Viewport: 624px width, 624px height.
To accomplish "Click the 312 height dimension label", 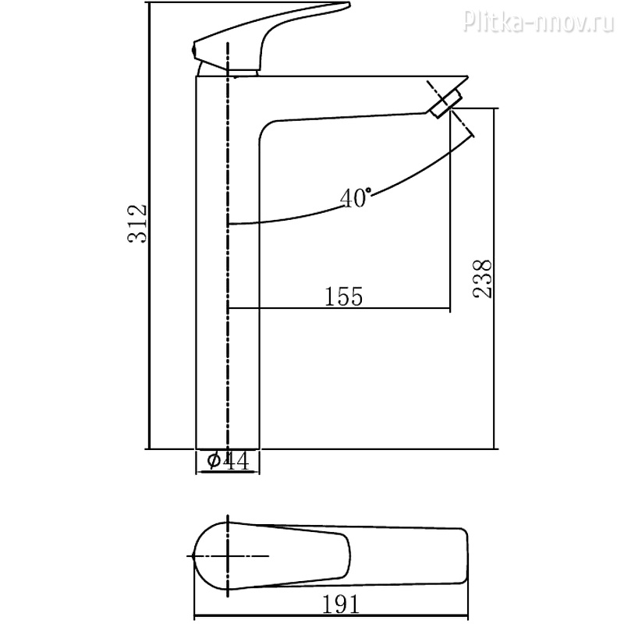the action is click(x=137, y=224).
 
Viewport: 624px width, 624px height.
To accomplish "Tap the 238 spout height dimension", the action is click(x=482, y=278).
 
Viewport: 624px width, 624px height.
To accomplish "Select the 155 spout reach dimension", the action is click(x=344, y=296).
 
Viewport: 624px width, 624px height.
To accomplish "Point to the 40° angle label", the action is click(x=356, y=197).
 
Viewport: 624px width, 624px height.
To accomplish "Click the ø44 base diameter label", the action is click(x=229, y=461).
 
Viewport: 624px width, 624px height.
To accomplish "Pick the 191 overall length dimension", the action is click(x=341, y=604).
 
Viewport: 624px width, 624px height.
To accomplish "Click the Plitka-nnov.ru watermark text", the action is click(x=539, y=21).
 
